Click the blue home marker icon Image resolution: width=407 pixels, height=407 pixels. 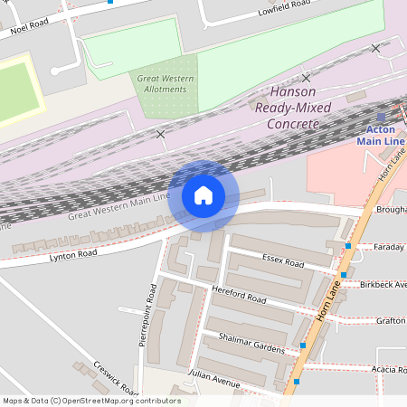click(203, 195)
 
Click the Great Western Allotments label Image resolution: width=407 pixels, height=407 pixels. click(166, 84)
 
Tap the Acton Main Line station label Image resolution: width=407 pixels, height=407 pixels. click(381, 135)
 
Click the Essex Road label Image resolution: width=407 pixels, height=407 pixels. click(282, 261)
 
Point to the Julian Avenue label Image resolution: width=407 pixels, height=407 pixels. click(213, 377)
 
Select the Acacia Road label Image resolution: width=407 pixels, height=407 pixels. click(389, 369)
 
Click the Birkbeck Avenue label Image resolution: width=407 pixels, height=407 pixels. click(383, 284)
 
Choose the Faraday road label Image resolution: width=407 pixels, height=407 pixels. click(390, 246)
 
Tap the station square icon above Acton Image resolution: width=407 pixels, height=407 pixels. click(382, 117)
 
